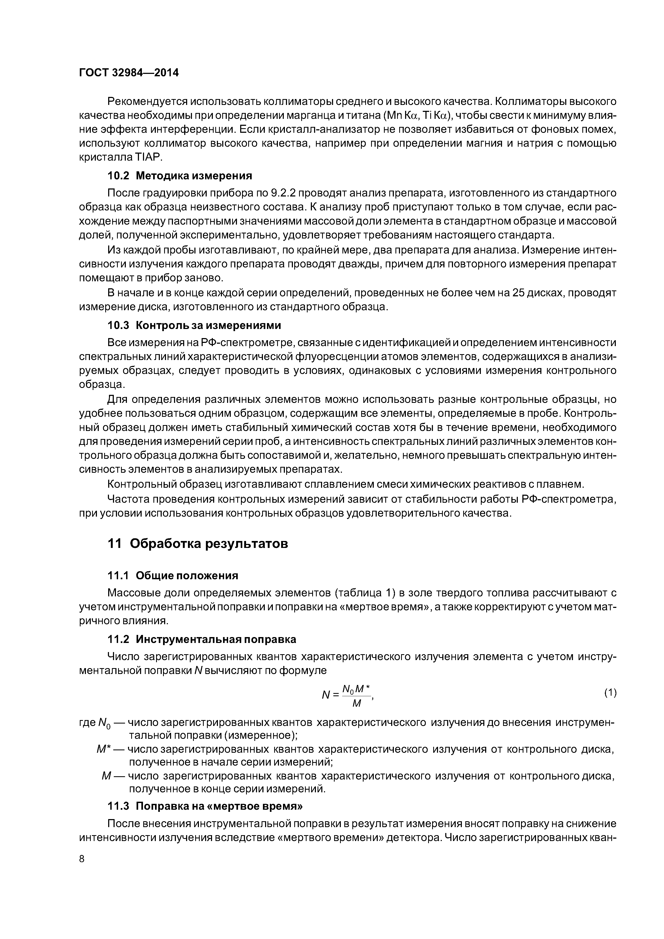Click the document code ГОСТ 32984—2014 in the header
[129, 73]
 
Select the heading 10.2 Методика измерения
[180, 176]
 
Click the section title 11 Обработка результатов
[198, 544]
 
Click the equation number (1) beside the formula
[610, 692]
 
